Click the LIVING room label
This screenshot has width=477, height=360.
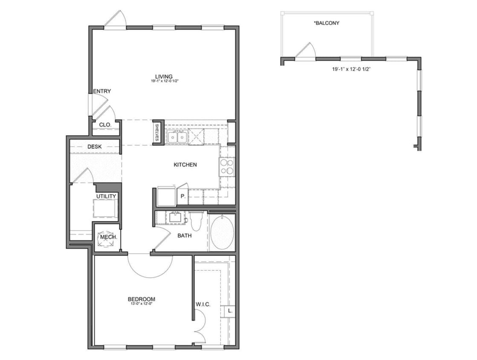pyautogui.click(x=164, y=76)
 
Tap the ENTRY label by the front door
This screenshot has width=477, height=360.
pyautogui.click(x=102, y=91)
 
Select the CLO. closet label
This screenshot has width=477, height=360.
pyautogui.click(x=105, y=125)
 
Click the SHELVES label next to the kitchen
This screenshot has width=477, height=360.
pyautogui.click(x=157, y=133)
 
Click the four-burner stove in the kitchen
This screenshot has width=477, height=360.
pyautogui.click(x=226, y=167)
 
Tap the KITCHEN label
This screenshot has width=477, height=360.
pyautogui.click(x=185, y=165)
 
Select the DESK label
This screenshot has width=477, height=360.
pyautogui.click(x=95, y=147)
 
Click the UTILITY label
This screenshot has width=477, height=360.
pyautogui.click(x=106, y=196)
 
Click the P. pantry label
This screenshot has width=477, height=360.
pyautogui.click(x=182, y=197)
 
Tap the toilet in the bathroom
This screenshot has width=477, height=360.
pyautogui.click(x=196, y=221)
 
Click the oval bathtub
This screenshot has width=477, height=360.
pyautogui.click(x=222, y=233)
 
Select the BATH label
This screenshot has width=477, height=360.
pyautogui.click(x=184, y=235)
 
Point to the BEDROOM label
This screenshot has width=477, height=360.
pyautogui.click(x=142, y=299)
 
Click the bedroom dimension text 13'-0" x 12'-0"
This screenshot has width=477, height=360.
pyautogui.click(x=141, y=304)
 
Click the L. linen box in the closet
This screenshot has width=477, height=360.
pyautogui.click(x=229, y=311)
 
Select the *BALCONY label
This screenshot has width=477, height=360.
pyautogui.click(x=327, y=23)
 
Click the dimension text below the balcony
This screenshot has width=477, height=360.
pyautogui.click(x=350, y=69)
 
